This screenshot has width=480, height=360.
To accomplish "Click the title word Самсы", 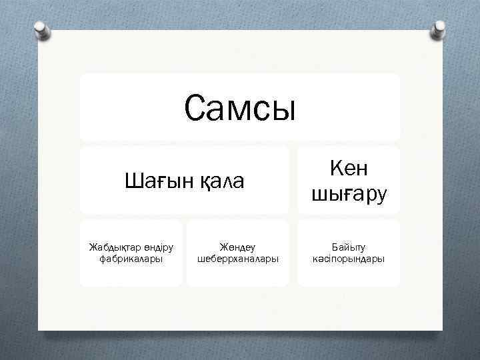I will (x=239, y=108).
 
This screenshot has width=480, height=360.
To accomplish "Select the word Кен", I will (x=349, y=169).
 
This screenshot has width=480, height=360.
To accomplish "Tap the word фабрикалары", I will (x=131, y=259).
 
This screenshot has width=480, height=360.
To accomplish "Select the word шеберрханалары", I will (x=238, y=259).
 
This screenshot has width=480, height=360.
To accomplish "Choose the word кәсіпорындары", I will (x=349, y=259).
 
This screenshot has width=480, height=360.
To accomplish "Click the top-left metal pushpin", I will (x=43, y=29).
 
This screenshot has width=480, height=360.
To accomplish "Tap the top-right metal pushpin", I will (x=439, y=28).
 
